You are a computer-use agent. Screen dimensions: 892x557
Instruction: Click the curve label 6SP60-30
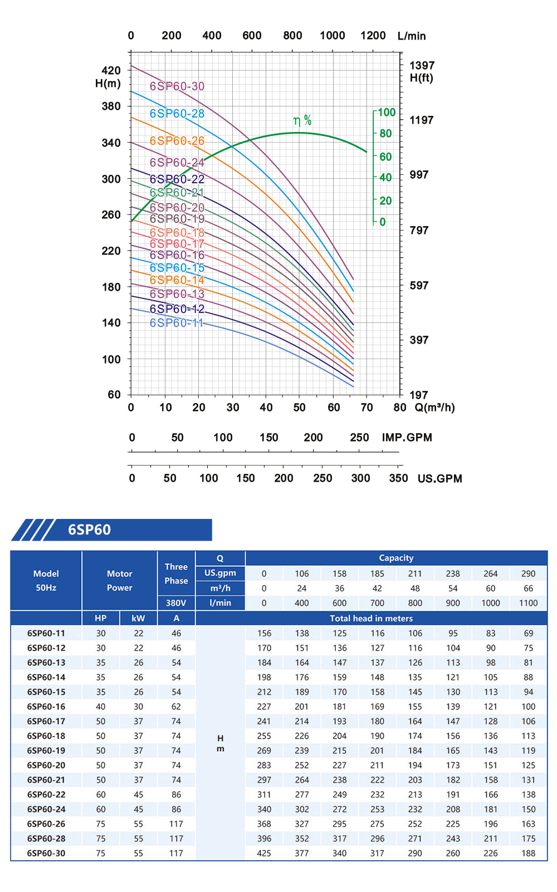pyautogui.click(x=177, y=86)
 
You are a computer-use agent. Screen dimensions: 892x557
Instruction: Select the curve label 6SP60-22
pyautogui.click(x=177, y=179)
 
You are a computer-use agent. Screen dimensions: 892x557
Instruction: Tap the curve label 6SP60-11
pyautogui.click(x=177, y=323)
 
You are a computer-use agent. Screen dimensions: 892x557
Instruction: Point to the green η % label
pyautogui.click(x=302, y=121)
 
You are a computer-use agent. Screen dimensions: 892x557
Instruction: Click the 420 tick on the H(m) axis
pyautogui.click(x=111, y=70)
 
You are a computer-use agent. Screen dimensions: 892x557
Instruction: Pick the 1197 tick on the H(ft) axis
pyautogui.click(x=421, y=120)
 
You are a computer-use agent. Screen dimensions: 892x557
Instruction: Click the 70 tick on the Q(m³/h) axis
pyautogui.click(x=367, y=408)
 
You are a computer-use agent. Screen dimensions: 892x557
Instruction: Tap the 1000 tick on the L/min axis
pyautogui.click(x=333, y=36)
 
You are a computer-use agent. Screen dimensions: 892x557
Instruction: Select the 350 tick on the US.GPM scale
pyautogui.click(x=398, y=478)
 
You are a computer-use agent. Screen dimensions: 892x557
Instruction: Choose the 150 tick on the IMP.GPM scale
pyautogui.click(x=269, y=438)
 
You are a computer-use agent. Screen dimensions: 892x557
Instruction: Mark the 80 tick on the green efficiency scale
pyautogui.click(x=385, y=134)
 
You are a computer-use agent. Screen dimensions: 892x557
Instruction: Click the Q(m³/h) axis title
pyautogui.click(x=434, y=408)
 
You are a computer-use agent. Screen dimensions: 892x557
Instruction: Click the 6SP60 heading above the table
pyautogui.click(x=89, y=530)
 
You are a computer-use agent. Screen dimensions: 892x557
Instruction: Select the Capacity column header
pyautogui.click(x=396, y=558)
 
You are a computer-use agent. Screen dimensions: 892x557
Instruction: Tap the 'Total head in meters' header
pyautogui.click(x=371, y=619)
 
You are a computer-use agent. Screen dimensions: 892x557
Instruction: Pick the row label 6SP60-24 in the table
pyautogui.click(x=46, y=810)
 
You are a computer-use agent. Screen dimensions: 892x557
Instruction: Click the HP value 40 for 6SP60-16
pyautogui.click(x=101, y=707)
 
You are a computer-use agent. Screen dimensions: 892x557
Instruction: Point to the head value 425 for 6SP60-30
pyautogui.click(x=264, y=854)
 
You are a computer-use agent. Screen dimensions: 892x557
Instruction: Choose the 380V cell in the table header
pyautogui.click(x=176, y=603)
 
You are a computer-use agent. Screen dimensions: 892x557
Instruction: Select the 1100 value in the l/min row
pyautogui.click(x=528, y=603)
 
